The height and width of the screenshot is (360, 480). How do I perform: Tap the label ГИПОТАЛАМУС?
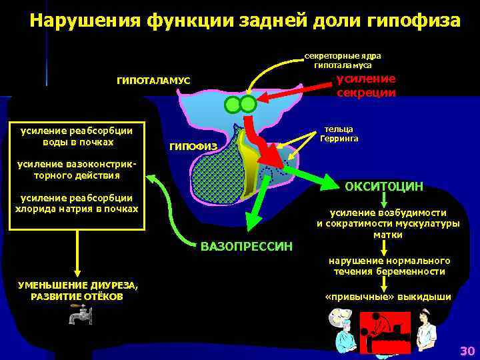[153, 81]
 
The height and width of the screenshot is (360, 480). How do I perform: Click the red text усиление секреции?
[365, 85]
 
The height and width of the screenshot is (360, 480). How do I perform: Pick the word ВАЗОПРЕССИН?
[246, 247]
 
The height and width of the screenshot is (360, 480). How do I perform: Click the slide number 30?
[467, 351]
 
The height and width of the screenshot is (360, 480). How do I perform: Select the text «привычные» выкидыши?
[387, 297]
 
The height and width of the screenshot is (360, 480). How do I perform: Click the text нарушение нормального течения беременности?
[388, 266]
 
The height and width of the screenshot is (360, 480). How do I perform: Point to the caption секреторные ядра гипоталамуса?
[343, 61]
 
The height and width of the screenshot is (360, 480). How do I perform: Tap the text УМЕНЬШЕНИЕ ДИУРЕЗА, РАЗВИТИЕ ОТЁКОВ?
[78, 291]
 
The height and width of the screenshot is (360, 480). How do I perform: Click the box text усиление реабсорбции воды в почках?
[77, 136]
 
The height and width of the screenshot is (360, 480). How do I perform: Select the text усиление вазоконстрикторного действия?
[77, 169]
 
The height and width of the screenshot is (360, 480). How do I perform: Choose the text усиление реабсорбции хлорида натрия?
[77, 203]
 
